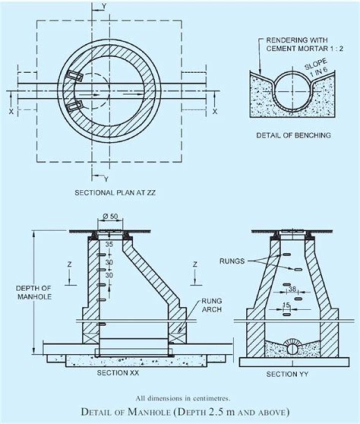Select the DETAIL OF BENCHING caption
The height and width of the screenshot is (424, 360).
click(x=293, y=135)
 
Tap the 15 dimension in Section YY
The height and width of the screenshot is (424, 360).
click(x=287, y=304)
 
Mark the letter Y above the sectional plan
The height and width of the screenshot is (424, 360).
click(x=103, y=5)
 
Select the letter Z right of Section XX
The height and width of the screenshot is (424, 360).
click(x=195, y=263)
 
